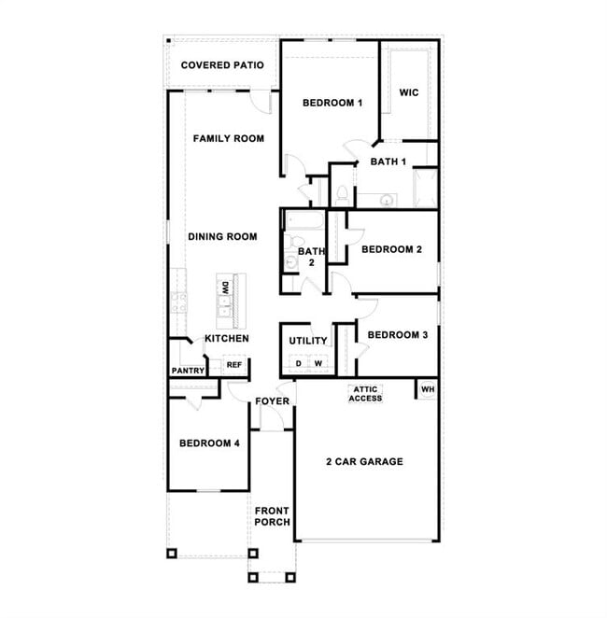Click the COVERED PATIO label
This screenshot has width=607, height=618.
221,65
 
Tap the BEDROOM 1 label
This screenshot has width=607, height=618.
332,103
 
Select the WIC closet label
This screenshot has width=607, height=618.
408,92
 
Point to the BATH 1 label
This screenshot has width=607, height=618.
388,162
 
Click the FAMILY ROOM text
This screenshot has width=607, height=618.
228,138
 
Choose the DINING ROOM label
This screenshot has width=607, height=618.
222,237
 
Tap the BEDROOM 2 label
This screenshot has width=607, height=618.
392,249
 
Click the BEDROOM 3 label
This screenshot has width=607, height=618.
398,334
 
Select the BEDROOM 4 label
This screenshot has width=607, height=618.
210,442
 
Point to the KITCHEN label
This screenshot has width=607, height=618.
227,338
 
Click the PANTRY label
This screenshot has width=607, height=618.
187,371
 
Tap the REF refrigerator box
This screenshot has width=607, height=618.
234,365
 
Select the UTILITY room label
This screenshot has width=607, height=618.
307,341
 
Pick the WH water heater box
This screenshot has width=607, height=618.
427,389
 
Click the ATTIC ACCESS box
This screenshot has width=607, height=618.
365,394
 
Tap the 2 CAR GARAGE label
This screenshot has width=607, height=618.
364,461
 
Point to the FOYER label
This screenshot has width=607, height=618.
273,401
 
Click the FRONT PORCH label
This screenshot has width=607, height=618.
272,516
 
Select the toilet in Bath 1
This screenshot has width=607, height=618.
342,193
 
